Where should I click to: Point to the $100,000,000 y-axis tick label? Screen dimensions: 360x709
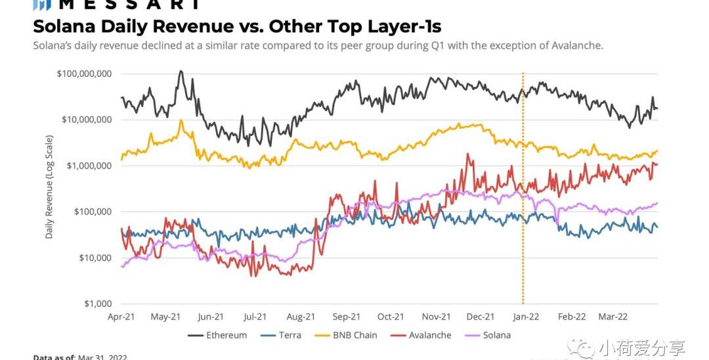pyautogui.click(x=84, y=74)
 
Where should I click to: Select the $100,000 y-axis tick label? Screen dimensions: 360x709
pyautogui.click(x=91, y=212)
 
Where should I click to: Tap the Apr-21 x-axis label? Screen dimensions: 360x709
pyautogui.click(x=121, y=317)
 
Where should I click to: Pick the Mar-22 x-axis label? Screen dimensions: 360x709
pyautogui.click(x=613, y=317)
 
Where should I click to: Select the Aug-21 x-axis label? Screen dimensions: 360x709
pyautogui.click(x=301, y=317)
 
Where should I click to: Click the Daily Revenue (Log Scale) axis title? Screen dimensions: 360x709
pyautogui.click(x=49, y=187)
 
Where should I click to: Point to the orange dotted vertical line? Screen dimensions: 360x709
pyautogui.click(x=523, y=197)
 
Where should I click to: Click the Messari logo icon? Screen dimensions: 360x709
pyautogui.click(x=42, y=4)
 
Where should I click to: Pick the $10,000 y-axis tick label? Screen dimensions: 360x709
pyautogui.click(x=95, y=258)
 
